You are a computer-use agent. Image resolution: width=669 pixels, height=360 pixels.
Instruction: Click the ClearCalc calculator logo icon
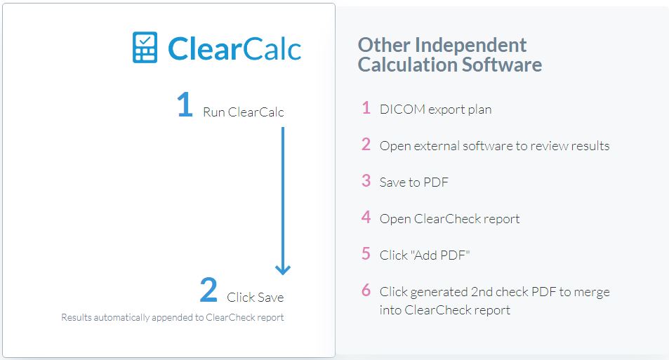(x=145, y=47)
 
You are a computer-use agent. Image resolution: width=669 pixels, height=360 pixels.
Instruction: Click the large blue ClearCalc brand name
(x=234, y=48)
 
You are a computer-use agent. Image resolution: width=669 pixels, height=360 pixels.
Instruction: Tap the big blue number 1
(x=185, y=105)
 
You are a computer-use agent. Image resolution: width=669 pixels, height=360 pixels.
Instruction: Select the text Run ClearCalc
(x=243, y=112)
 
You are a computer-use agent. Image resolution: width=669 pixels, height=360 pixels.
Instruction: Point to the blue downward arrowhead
(x=283, y=269)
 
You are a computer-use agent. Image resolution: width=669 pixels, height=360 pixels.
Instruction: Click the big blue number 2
(x=208, y=290)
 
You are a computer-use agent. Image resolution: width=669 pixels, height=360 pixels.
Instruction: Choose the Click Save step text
(x=255, y=298)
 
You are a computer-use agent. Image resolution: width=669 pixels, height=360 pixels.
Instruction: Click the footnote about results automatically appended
(x=173, y=317)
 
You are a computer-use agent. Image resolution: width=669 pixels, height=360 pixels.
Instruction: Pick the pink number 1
(x=366, y=108)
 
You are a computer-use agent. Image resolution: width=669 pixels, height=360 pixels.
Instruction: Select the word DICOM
(x=402, y=109)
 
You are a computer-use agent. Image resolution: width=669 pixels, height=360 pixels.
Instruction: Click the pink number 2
(x=366, y=144)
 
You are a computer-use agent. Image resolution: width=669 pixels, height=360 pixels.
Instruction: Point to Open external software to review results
(x=494, y=146)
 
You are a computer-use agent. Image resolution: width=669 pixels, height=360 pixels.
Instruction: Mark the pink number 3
(x=366, y=180)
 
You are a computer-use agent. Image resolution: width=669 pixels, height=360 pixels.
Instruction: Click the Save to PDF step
(x=414, y=182)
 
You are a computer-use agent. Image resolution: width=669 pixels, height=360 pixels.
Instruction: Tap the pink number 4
(x=366, y=217)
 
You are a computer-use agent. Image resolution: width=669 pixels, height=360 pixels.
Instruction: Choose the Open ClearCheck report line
(x=450, y=219)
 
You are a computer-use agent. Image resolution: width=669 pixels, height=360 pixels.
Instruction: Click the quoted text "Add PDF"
(x=440, y=255)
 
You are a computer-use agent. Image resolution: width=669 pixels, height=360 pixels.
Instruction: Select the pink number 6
(x=366, y=290)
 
